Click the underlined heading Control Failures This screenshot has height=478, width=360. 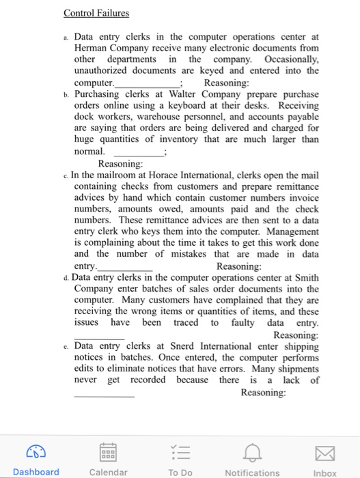click(x=96, y=13)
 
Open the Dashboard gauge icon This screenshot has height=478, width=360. click(x=36, y=450)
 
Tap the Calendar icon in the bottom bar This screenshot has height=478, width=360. click(x=108, y=450)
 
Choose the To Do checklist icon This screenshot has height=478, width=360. click(x=180, y=450)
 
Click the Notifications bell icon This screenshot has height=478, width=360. click(x=252, y=450)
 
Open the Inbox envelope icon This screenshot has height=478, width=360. click(x=324, y=450)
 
